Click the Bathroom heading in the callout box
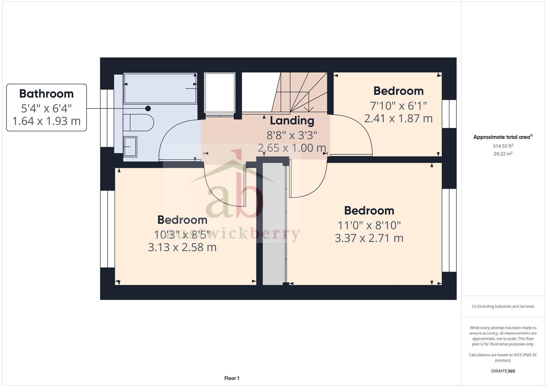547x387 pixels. click(46, 94)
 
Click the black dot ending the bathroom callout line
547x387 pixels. click(148, 109)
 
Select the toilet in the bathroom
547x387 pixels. click(138, 123)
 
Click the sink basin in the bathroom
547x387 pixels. click(130, 147)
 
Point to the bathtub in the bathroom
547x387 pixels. click(160, 88)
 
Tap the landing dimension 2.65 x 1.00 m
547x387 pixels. click(292, 148)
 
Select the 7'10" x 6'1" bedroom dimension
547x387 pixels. click(398, 106)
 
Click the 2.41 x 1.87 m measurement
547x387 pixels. click(398, 118)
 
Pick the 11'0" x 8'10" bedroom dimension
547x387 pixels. click(369, 225)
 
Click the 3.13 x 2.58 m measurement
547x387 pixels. click(182, 247)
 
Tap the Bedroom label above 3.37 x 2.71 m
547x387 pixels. click(369, 211)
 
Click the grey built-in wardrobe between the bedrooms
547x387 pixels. click(273, 224)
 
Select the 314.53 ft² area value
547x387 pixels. click(503, 146)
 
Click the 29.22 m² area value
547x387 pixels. click(503, 154)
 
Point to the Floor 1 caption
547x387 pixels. click(232, 378)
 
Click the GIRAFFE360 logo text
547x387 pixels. click(503, 371)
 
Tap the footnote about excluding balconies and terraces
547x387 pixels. click(503, 306)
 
